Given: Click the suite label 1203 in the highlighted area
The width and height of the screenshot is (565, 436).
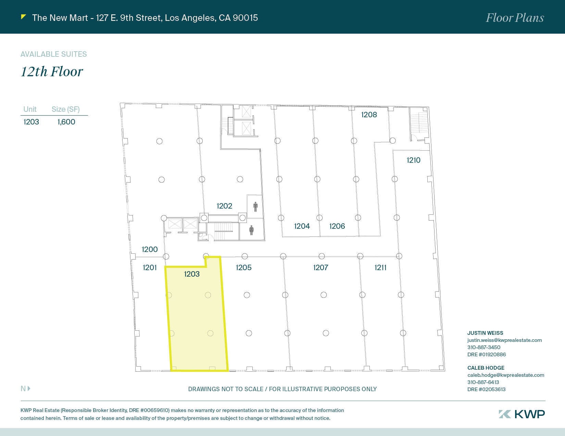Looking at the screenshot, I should coord(192,274).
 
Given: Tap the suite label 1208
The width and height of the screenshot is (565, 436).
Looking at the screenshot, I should coord(369,115).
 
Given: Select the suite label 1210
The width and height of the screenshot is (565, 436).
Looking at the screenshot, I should coord(413,160).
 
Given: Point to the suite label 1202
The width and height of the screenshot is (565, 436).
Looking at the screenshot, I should coord(224,206).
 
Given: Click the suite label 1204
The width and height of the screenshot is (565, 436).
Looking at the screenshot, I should coord(302,226).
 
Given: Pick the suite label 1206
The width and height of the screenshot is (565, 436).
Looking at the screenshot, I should coord(337,226).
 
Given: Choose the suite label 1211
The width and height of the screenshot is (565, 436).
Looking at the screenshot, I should coord(380,267).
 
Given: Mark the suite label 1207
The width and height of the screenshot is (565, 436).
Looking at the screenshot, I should coord(321,267).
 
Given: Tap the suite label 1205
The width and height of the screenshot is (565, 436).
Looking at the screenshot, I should coord(243,267).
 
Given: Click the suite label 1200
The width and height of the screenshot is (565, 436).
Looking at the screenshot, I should coord(150,249).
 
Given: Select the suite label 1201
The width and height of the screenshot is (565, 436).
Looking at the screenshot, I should coord(150,267).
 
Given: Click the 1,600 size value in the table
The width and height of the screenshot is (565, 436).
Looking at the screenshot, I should coord(66,122).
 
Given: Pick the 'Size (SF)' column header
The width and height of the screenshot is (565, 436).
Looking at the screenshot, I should coord(65,109).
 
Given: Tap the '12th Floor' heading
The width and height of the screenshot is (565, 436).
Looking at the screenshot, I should coord(52,71).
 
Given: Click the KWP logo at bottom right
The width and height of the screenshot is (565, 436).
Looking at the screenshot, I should coord(522,414).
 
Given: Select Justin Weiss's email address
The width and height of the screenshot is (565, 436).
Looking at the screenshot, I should coord(504,340).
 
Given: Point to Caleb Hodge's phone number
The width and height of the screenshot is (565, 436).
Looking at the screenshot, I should coord(483,382).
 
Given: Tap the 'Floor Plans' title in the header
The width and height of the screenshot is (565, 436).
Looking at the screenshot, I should coord(515,18).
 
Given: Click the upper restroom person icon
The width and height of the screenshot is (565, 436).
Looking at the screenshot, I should coord(255,206).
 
